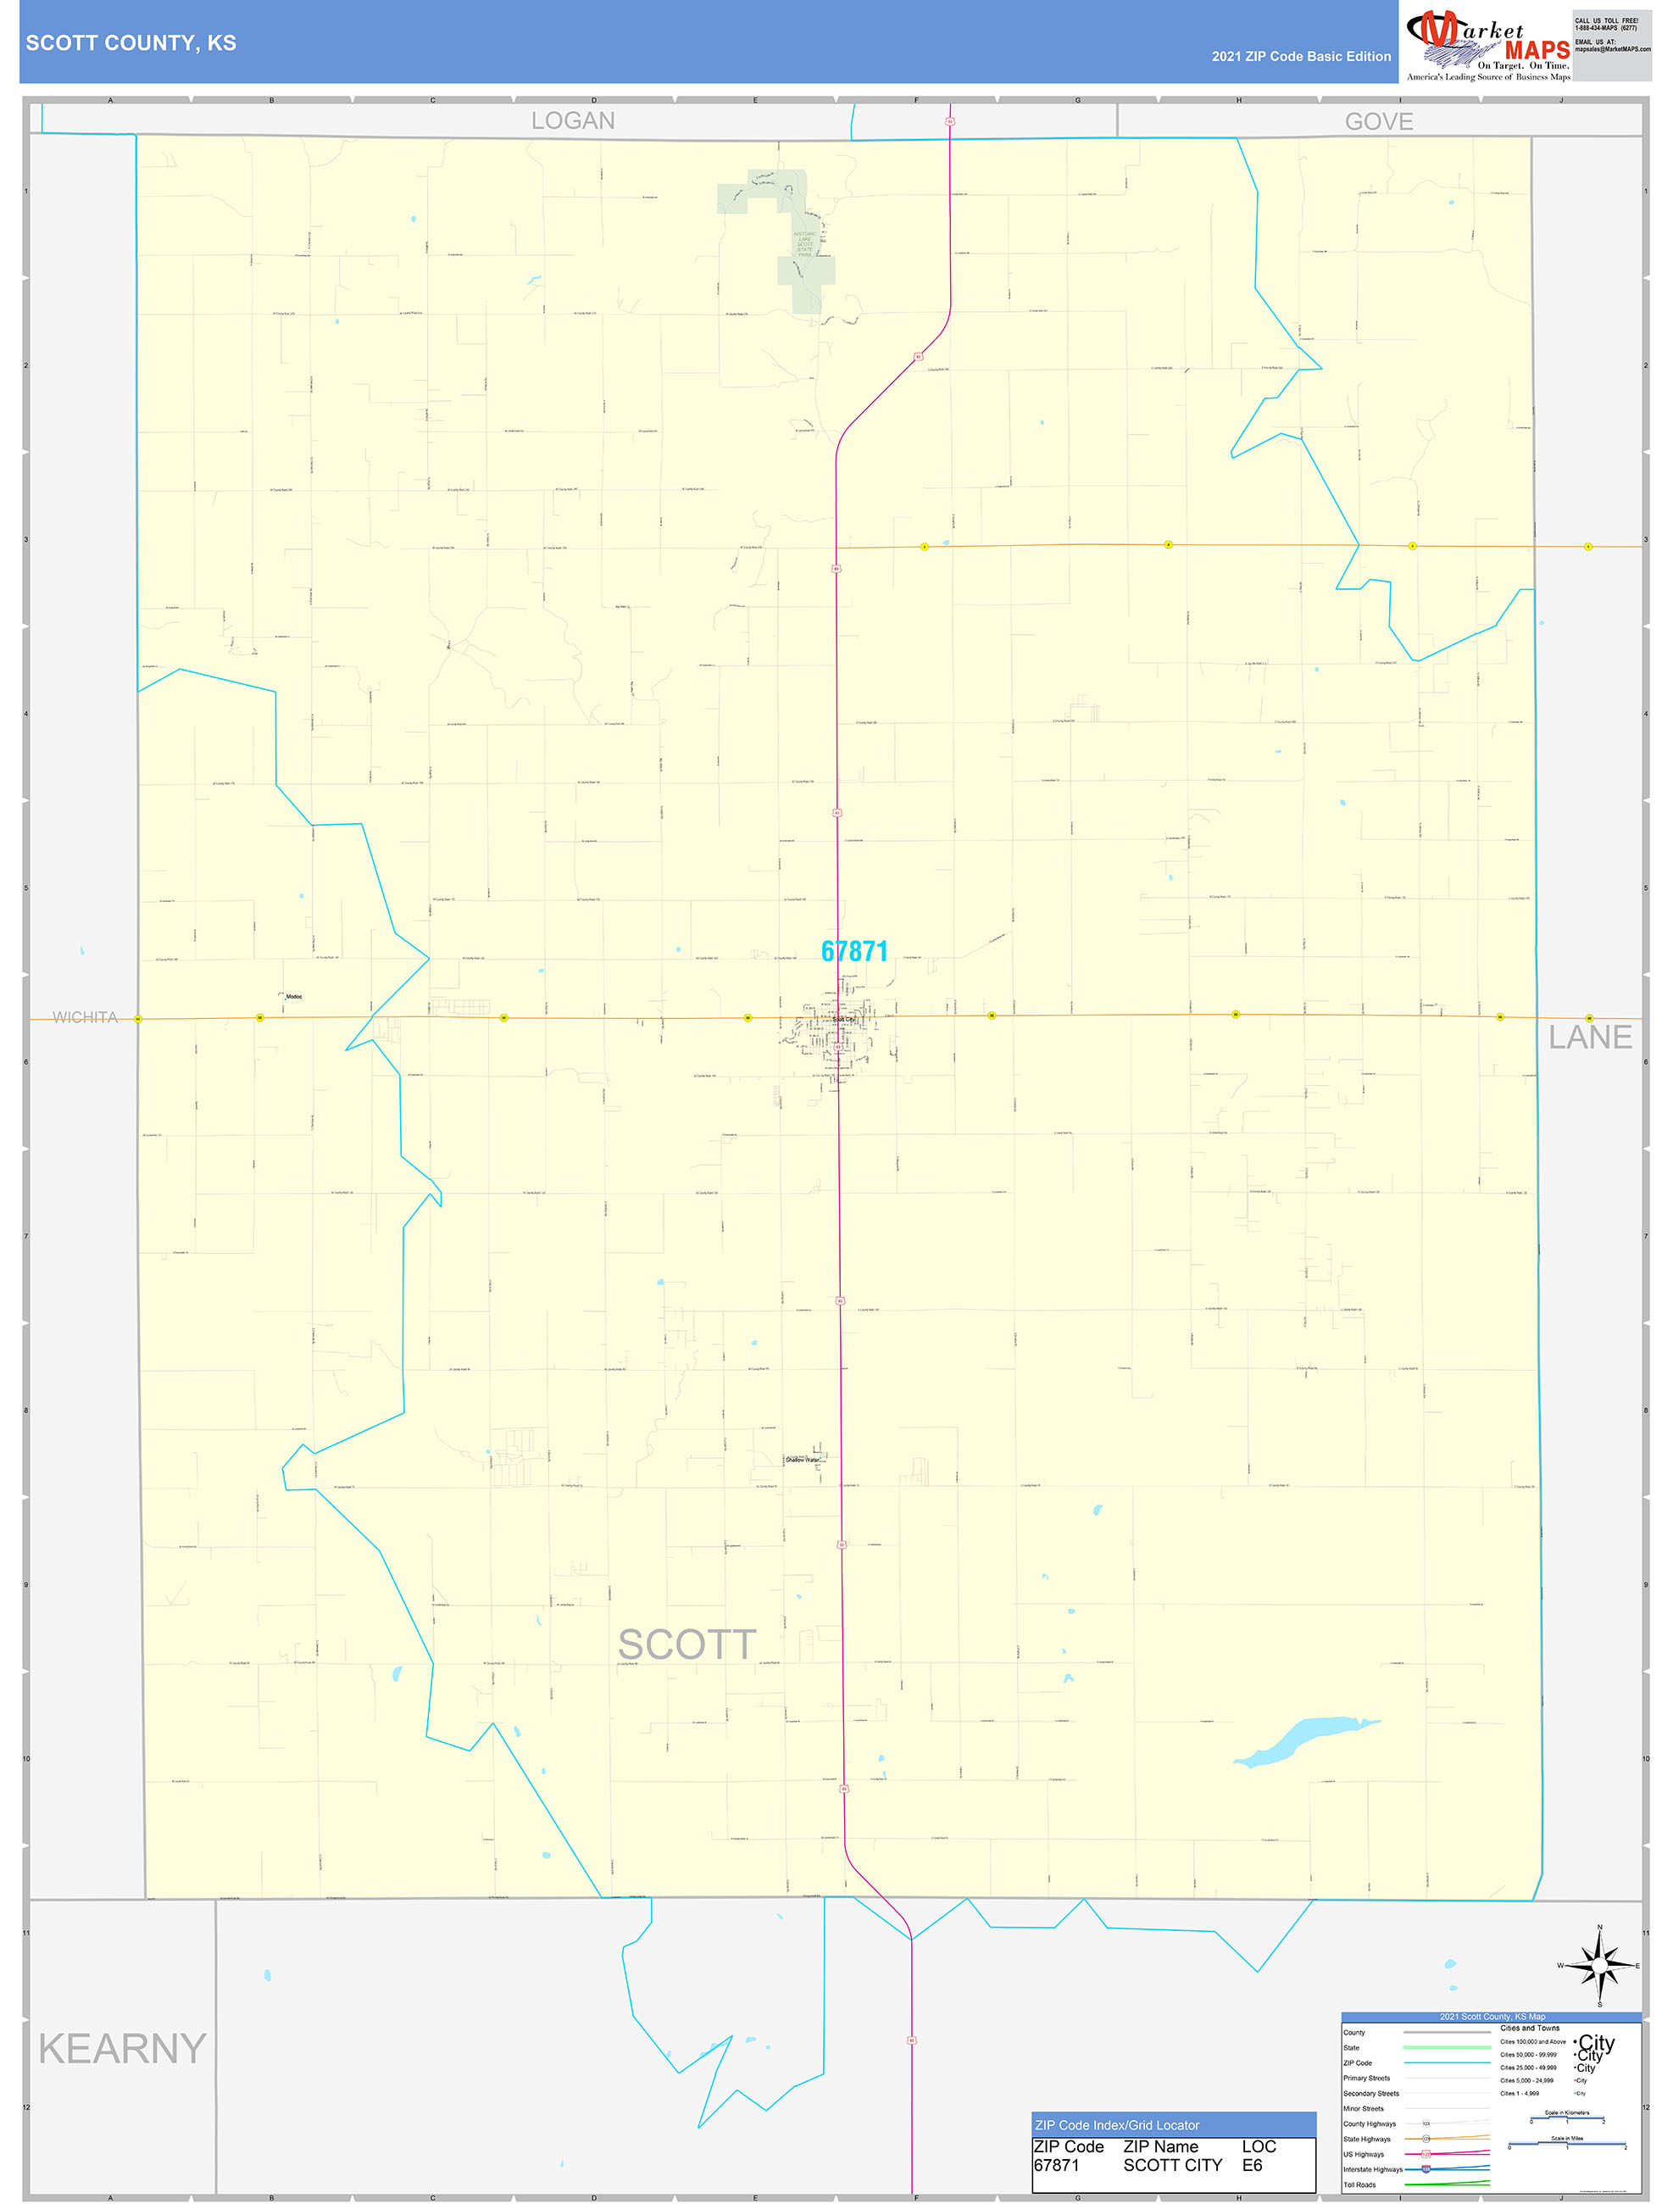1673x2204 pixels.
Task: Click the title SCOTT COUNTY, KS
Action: coord(131,43)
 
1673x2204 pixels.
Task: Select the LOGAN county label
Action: coord(572,120)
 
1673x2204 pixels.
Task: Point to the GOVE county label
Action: coord(1378,121)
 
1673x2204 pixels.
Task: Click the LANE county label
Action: coord(1589,1038)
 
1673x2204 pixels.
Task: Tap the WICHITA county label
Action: coord(85,1017)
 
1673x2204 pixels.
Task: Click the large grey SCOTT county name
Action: coord(686,1645)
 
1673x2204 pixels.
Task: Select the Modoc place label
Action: coord(294,996)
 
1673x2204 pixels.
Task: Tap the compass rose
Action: coord(1599,1966)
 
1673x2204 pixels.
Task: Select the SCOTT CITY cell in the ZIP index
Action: coord(1172,2165)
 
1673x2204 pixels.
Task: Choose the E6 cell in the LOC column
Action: coord(1252,2165)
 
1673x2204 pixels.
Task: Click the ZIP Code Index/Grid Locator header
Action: coord(1117,2125)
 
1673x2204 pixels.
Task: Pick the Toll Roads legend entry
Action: coord(1359,2185)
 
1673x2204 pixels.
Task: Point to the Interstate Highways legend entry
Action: coord(1372,2169)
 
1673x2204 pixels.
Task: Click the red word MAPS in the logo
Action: coord(1537,51)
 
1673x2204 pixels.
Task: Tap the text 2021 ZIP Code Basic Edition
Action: coord(1300,57)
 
